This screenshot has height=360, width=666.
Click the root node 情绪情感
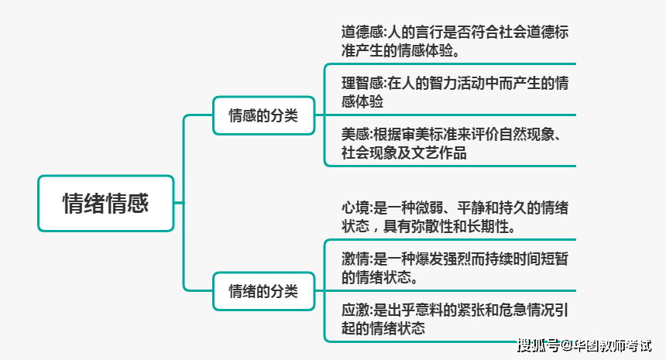[x=105, y=203]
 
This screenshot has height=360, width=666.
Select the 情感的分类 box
[x=263, y=116]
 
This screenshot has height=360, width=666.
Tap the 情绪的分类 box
[x=263, y=292]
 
